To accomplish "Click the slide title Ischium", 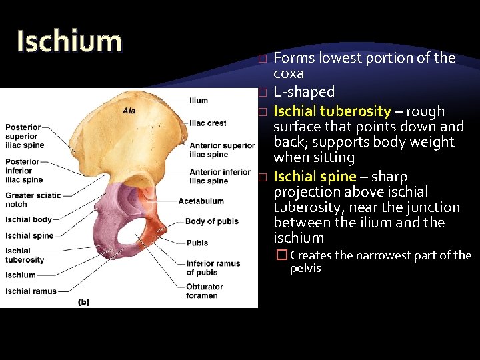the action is (69, 41).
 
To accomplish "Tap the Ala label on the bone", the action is (129, 111).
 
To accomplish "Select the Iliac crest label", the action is (207, 123).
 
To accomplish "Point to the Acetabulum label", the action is (201, 201).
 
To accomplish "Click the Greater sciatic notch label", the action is (33, 199).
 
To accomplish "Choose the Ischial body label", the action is (28, 219).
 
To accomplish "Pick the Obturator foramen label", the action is (205, 291).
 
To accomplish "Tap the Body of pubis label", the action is (211, 221).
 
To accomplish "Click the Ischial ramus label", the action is (31, 291).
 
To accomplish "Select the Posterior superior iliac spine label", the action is (25, 136).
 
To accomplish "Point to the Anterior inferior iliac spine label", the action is (220, 177).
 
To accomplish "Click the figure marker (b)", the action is (84, 302).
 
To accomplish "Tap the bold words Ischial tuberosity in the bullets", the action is (332, 111).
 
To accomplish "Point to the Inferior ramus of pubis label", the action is (213, 268).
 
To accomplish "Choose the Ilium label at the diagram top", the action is (199, 101).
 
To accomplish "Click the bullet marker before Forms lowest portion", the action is (263, 59).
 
